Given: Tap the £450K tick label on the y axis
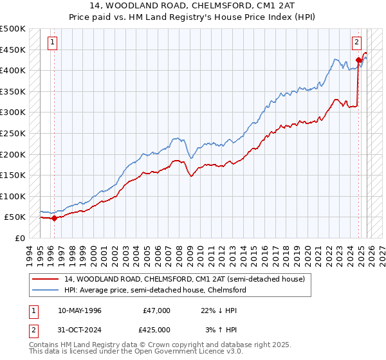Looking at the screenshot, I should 13,50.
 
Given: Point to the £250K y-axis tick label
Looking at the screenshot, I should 13,133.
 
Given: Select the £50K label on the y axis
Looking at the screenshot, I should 15,217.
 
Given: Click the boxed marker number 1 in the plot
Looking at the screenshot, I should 52,43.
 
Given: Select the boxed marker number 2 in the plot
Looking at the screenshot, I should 356,43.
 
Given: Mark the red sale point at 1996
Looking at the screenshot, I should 54,218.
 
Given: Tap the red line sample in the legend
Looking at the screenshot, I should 46,279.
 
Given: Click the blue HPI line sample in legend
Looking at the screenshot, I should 46,290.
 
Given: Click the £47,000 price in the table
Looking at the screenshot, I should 156,310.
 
